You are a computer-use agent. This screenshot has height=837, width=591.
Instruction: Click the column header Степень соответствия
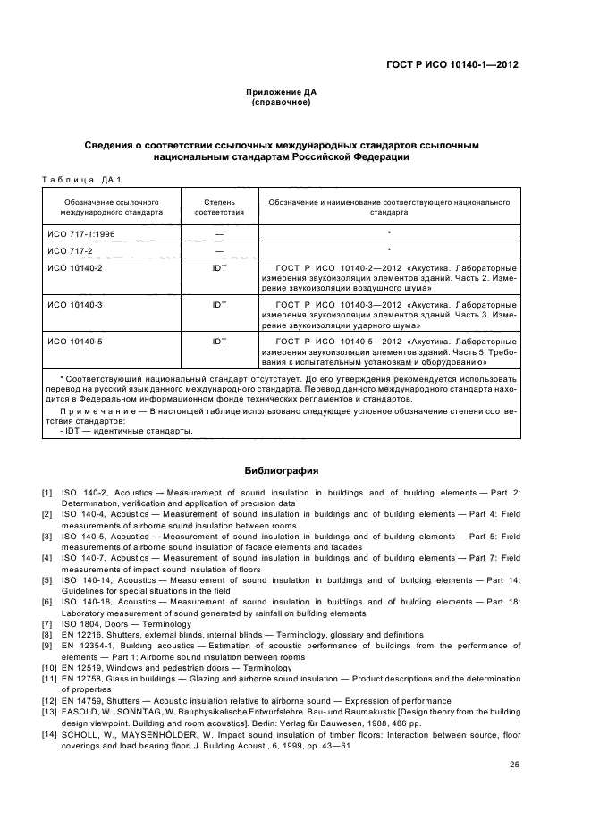pos(219,207)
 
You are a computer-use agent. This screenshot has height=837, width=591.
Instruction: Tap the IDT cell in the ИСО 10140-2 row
pos(219,267)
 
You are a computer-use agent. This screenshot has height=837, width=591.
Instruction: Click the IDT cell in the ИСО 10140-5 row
pos(219,341)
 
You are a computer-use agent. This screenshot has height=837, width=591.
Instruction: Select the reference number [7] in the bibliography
pos(46,624)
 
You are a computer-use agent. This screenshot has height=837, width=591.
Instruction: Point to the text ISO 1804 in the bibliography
pos(80,624)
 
